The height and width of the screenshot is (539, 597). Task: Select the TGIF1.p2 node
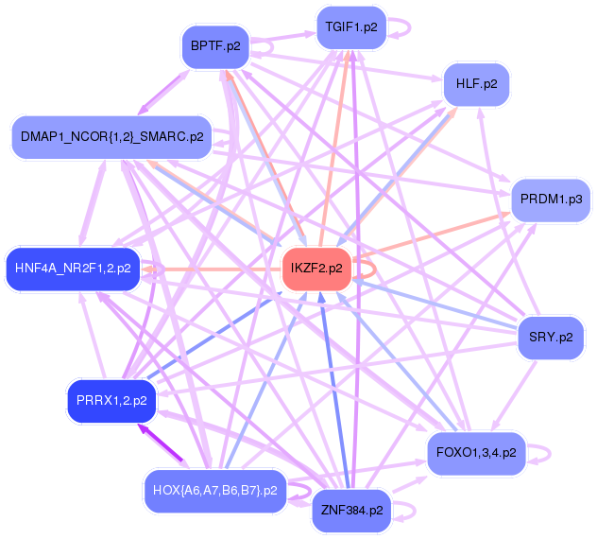(350, 27)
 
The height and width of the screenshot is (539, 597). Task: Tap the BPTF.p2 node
(214, 45)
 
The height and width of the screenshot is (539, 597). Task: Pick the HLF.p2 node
(476, 84)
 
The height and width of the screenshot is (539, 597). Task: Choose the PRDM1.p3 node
(550, 200)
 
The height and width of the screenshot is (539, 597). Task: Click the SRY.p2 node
(551, 337)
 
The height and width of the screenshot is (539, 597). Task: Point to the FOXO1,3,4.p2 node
(476, 453)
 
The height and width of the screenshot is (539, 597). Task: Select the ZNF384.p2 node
(350, 511)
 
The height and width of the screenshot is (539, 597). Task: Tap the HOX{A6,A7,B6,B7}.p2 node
(215, 491)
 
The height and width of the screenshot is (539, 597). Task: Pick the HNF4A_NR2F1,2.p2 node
(73, 268)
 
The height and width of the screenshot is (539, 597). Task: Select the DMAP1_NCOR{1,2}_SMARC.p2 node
(111, 137)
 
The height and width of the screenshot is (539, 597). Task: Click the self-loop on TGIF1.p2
(403, 27)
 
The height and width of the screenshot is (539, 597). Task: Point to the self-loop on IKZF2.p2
(370, 269)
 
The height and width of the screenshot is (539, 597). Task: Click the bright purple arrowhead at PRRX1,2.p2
(144, 430)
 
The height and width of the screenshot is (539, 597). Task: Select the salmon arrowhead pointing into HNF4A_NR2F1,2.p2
(148, 269)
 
